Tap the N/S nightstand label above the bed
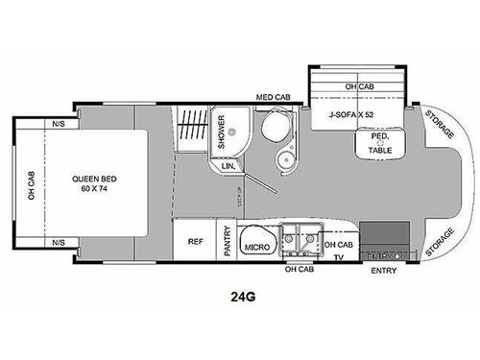60,123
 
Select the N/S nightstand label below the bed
60,242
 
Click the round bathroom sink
286,158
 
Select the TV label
338,257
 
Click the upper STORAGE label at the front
438,126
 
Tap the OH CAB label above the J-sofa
361,87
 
